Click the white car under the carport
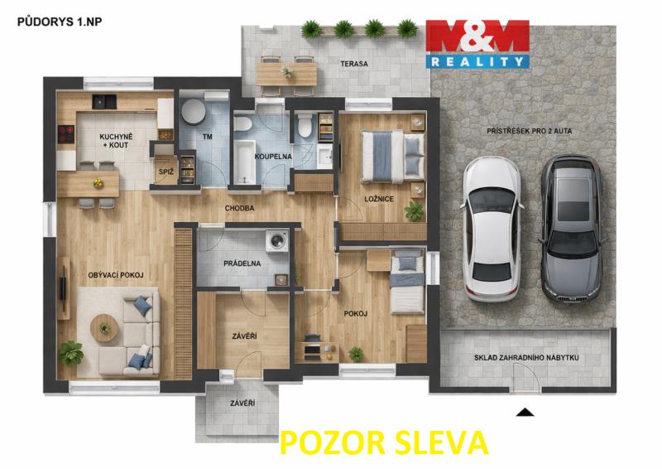pyautogui.click(x=492, y=230)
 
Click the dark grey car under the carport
pyautogui.click(x=573, y=229)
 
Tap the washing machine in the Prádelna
pyautogui.click(x=276, y=241)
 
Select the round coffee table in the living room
pyautogui.click(x=104, y=328)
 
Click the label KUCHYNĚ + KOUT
pyautogui.click(x=116, y=141)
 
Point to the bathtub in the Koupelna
pyautogui.click(x=244, y=162)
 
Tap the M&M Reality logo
pyautogui.click(x=477, y=44)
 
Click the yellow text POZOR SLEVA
pyautogui.click(x=384, y=442)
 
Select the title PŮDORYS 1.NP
pyautogui.click(x=60, y=22)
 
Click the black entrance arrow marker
pyautogui.click(x=525, y=413)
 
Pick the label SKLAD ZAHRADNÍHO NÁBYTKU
pyautogui.click(x=526, y=358)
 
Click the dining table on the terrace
pyautogui.click(x=286, y=74)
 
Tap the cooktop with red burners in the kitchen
pyautogui.click(x=66, y=134)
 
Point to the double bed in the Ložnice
pyautogui.click(x=392, y=157)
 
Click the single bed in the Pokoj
pyautogui.click(x=407, y=281)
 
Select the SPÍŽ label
pyautogui.click(x=166, y=172)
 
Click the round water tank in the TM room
pyautogui.click(x=194, y=112)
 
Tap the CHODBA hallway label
pyautogui.click(x=239, y=209)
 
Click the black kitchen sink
pyautogui.click(x=104, y=102)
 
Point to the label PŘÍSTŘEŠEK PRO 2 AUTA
pyautogui.click(x=530, y=131)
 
